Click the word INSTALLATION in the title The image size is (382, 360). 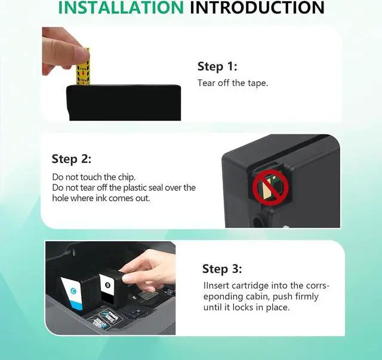pyautogui.click(x=121, y=7)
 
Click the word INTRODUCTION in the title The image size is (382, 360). pyautogui.click(x=257, y=7)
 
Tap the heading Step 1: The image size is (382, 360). pyautogui.click(x=217, y=66)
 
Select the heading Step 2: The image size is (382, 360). pyautogui.click(x=72, y=159)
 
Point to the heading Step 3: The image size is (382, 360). pyautogui.click(x=222, y=269)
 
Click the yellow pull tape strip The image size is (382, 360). pyautogui.click(x=84, y=67)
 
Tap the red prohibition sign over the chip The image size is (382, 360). pyautogui.click(x=270, y=187)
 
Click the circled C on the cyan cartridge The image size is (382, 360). pyautogui.click(x=73, y=291)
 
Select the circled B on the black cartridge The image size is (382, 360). pyautogui.click(x=107, y=285)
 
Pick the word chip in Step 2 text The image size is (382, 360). pyautogui.click(x=127, y=177)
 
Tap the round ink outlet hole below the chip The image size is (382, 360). pyautogui.click(x=257, y=221)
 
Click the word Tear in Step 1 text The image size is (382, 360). pyautogui.click(x=207, y=83)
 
